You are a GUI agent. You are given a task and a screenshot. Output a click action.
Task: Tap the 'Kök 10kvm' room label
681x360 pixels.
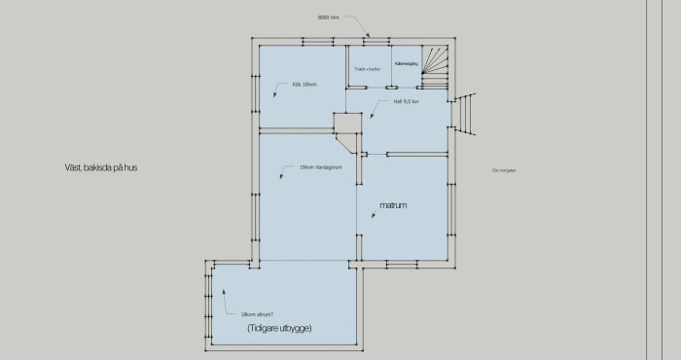click(x=305, y=85)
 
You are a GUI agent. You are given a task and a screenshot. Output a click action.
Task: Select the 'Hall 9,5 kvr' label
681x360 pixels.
click(x=406, y=101)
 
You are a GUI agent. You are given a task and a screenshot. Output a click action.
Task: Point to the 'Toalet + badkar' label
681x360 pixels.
click(x=368, y=69)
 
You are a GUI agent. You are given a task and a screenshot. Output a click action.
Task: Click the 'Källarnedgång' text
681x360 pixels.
click(x=406, y=62)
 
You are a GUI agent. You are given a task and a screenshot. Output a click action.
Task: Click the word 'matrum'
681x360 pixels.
click(x=392, y=206)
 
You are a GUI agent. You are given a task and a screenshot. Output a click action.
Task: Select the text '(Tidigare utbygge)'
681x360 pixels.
click(x=279, y=328)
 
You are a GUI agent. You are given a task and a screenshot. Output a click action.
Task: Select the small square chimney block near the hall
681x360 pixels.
click(x=344, y=124)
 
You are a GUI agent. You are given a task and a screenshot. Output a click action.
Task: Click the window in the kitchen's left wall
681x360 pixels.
click(x=256, y=96)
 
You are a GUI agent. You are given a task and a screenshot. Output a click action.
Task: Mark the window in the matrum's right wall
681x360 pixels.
click(x=452, y=208)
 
